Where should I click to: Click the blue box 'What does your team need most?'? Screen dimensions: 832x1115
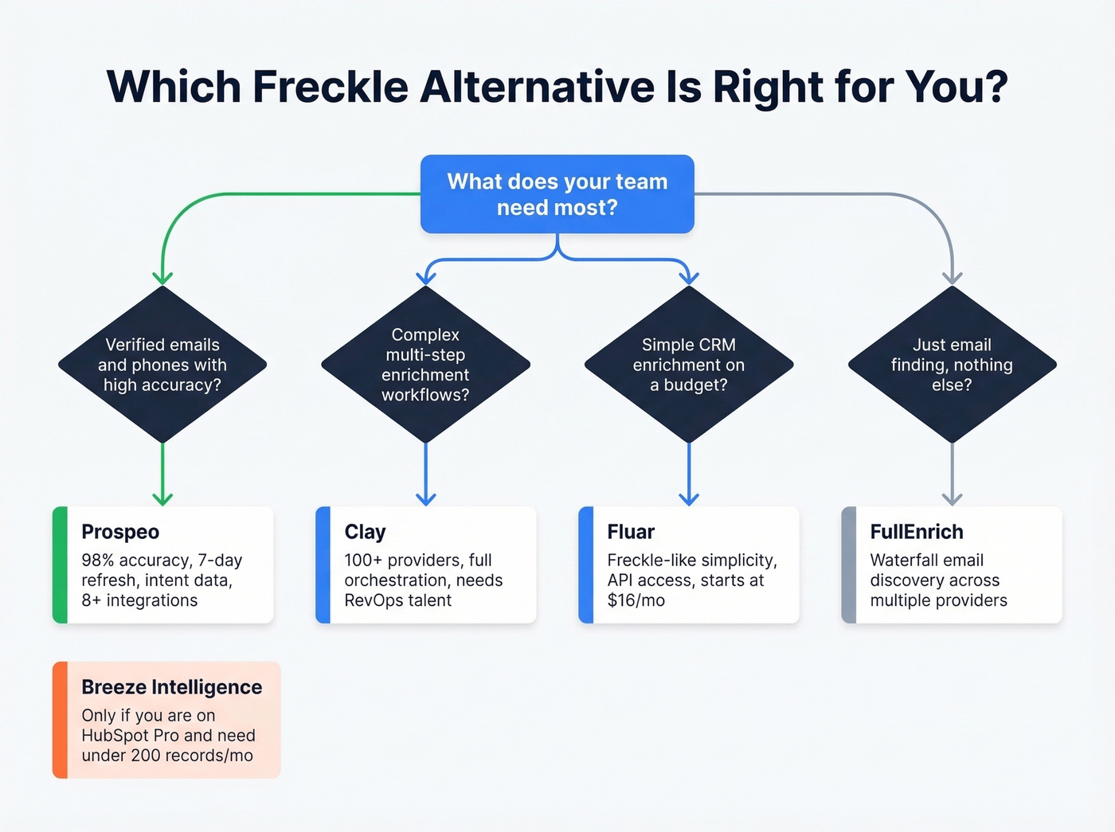tap(557, 194)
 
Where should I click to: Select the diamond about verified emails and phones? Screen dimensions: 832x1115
tap(162, 365)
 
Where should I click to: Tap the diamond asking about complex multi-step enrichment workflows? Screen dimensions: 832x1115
tap(425, 365)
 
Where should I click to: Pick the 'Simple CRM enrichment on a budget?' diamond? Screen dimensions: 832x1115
tap(689, 365)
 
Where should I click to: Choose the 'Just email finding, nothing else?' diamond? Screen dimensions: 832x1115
tap(952, 365)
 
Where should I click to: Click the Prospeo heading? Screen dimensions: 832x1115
tap(120, 532)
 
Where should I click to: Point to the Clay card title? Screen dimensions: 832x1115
tap(365, 532)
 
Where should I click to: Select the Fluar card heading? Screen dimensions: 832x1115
tap(631, 532)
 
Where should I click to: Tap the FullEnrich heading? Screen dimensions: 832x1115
tap(917, 532)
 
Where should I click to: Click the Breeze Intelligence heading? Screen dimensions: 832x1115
tap(171, 687)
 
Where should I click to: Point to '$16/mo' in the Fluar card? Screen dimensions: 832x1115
tap(636, 600)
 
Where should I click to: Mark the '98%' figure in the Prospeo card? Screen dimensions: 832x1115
tap(98, 561)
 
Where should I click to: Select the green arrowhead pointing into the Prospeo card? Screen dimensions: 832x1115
tap(162, 499)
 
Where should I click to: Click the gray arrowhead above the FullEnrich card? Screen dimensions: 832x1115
tap(952, 499)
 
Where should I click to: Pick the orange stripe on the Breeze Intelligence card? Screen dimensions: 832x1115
tap(60, 720)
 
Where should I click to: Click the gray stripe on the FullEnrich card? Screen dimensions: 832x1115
tap(849, 564)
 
